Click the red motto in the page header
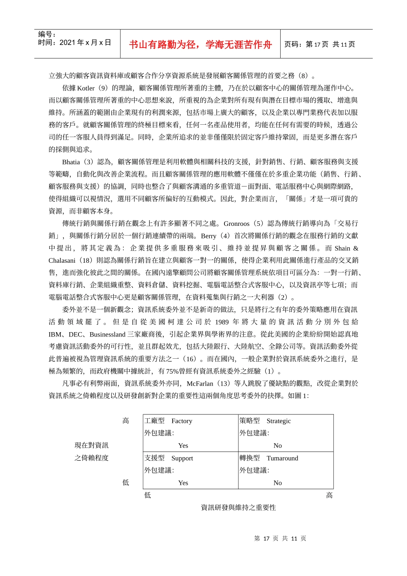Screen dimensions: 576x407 pos(200,45)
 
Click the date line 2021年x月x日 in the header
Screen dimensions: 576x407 pos(75,42)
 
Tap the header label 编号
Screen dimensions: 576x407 pos(47,34)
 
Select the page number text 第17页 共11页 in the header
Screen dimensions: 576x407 pos(320,44)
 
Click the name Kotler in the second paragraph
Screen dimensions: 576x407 pos(86,88)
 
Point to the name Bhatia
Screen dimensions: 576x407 pos(71,162)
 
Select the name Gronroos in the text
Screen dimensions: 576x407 pos(236,224)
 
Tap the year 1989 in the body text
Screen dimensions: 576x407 pos(222,322)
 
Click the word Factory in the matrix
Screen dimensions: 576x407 pos(182,421)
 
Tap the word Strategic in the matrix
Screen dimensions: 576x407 pos(278,421)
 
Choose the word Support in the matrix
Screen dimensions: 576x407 pos(182,458)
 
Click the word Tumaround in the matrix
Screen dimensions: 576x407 pos(282,458)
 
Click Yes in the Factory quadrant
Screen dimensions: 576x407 pos(183,446)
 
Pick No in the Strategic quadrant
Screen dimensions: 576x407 pos(278,446)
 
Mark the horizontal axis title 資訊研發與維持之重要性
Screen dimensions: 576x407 pos(238,507)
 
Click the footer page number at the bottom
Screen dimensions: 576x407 pos(280,539)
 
